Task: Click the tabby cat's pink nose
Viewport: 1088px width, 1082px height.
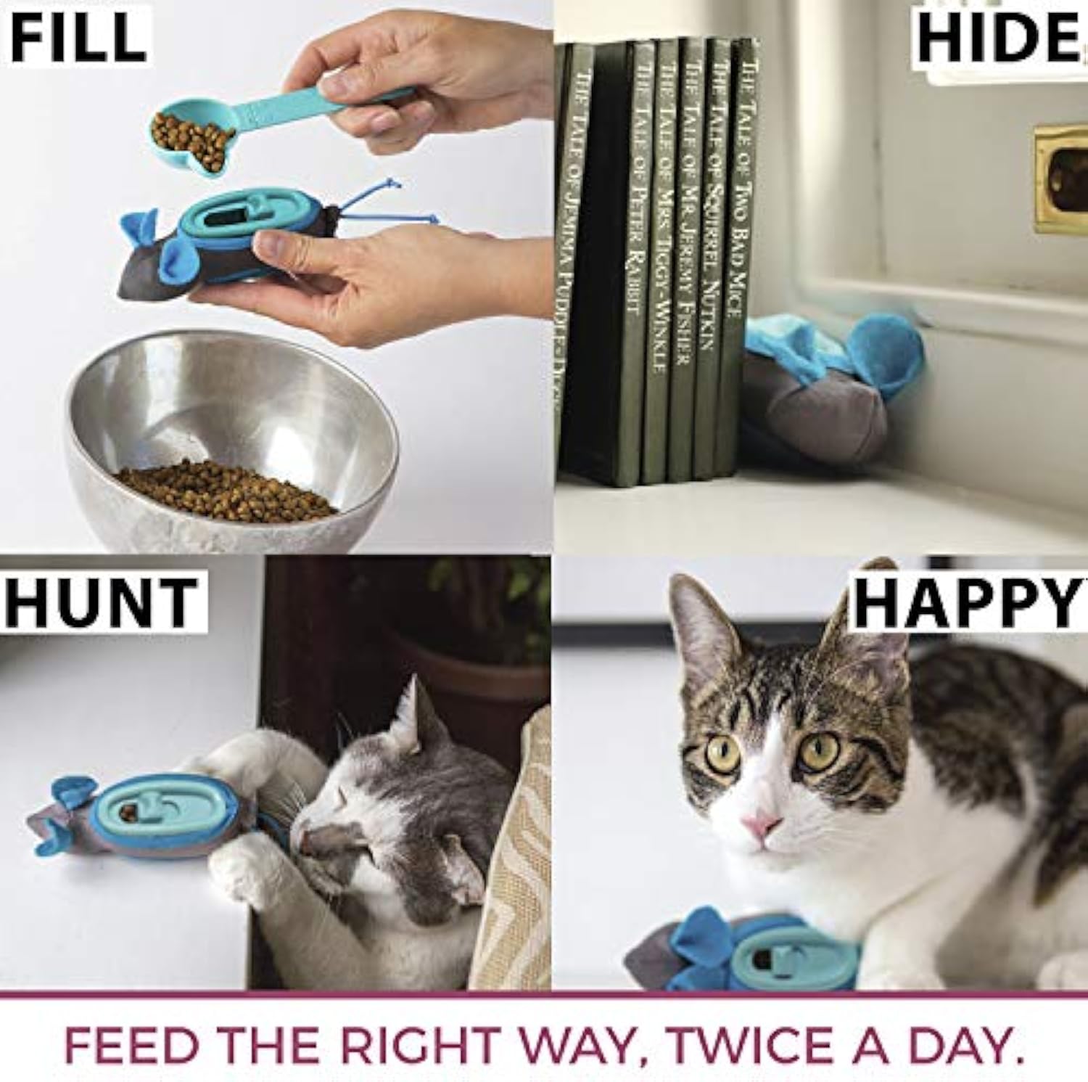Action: tap(762, 824)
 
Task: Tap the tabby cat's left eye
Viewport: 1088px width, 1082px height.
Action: tap(721, 755)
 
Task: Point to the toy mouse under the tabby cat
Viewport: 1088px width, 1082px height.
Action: tap(740, 951)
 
